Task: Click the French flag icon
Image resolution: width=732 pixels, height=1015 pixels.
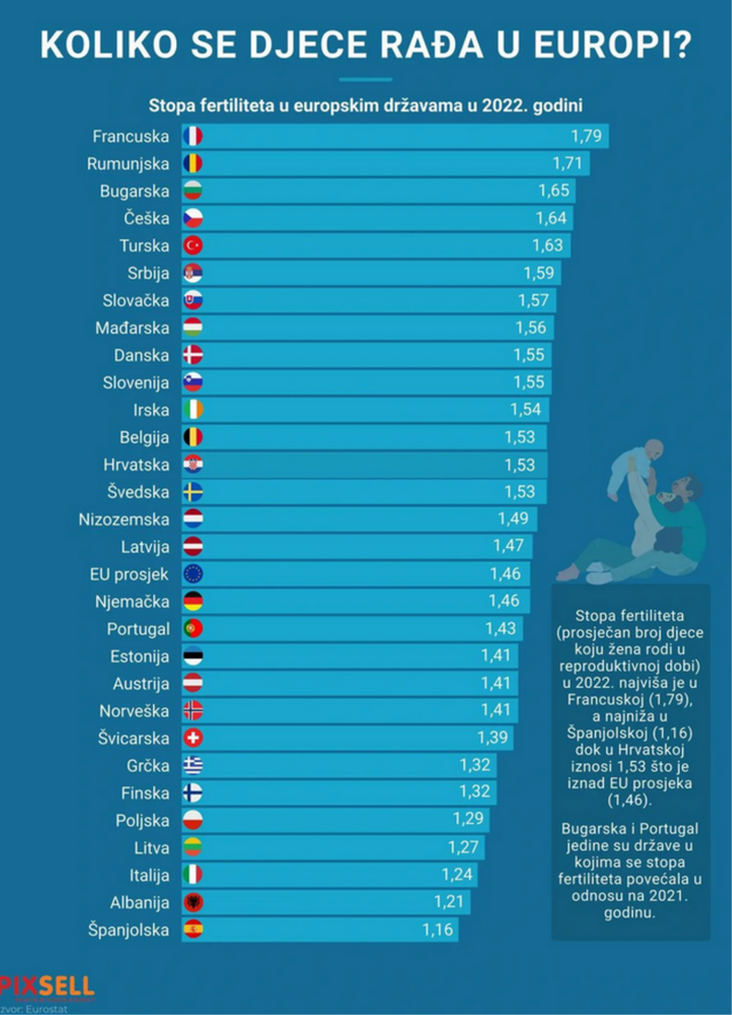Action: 193,136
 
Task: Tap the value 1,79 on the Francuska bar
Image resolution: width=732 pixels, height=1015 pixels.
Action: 586,136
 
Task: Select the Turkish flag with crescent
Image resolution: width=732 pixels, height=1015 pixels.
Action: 193,245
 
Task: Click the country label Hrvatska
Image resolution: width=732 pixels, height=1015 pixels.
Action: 136,465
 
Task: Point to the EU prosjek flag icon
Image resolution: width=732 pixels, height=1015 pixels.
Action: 193,574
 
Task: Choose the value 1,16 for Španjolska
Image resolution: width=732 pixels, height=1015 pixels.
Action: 437,929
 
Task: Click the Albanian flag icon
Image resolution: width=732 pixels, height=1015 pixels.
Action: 193,902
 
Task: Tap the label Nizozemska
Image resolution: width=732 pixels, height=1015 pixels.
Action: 124,519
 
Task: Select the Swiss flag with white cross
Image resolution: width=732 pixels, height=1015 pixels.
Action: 193,737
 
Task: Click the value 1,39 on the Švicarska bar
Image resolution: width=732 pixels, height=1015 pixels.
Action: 492,737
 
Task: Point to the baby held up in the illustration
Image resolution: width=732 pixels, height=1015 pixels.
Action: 636,465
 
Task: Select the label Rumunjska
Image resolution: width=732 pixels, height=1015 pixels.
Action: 128,164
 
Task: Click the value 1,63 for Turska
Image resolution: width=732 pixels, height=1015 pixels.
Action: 547,245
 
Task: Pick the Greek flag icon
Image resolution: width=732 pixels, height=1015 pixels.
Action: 193,765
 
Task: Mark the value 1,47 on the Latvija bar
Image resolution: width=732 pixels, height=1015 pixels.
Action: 508,545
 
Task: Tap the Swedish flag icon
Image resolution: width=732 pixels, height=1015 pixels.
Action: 193,492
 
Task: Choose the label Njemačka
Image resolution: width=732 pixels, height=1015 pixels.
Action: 132,602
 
